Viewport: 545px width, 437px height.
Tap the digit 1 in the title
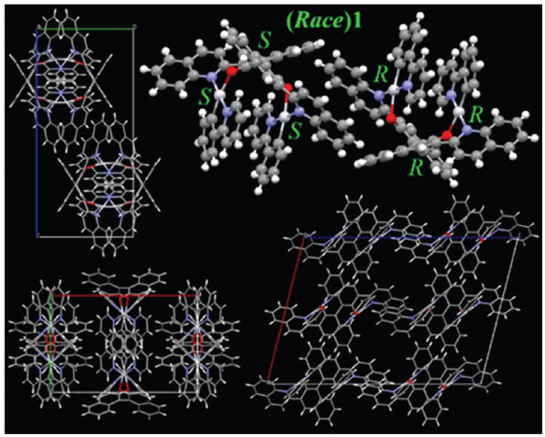coord(357,21)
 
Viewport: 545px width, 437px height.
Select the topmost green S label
coord(264,41)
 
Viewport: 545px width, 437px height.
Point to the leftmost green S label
coord(205,98)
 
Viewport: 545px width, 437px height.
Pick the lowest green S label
coord(295,132)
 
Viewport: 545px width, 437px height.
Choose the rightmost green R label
coord(476,116)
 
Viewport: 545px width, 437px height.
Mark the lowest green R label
coord(417,168)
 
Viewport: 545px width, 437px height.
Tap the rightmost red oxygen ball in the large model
coord(446,134)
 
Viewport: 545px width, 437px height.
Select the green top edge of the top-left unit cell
coord(86,29)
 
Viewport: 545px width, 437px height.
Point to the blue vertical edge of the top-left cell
coord(36,132)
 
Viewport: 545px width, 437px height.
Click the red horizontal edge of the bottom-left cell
coord(125,295)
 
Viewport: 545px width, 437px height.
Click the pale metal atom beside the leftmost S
coord(219,94)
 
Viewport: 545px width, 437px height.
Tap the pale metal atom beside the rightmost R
coord(459,111)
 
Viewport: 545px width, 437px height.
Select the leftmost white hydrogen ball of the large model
coord(144,69)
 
